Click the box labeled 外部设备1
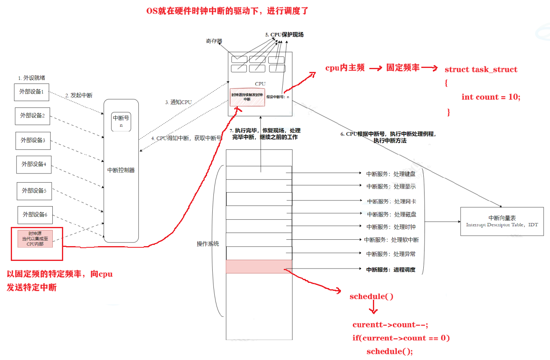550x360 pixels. click(32, 92)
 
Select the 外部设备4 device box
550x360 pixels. click(34, 165)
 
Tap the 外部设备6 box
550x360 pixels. click(35, 215)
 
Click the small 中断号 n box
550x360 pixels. click(121, 121)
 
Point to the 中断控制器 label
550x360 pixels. click(121, 170)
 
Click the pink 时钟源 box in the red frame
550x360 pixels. click(35, 239)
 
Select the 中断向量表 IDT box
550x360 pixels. click(502, 221)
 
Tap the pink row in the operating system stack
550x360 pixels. click(259, 267)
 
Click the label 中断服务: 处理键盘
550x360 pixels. click(391, 174)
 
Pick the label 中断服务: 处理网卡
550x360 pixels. click(391, 202)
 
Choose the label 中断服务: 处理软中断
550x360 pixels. click(391, 240)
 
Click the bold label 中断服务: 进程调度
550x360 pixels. click(391, 270)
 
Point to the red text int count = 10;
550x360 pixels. click(490, 97)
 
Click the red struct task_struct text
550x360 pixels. click(481, 70)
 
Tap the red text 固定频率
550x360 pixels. click(403, 68)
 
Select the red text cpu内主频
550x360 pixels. click(345, 68)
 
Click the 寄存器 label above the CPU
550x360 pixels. click(214, 41)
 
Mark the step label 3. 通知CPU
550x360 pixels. click(178, 102)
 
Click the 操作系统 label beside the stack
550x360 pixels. click(207, 244)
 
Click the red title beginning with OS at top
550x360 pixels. click(227, 11)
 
